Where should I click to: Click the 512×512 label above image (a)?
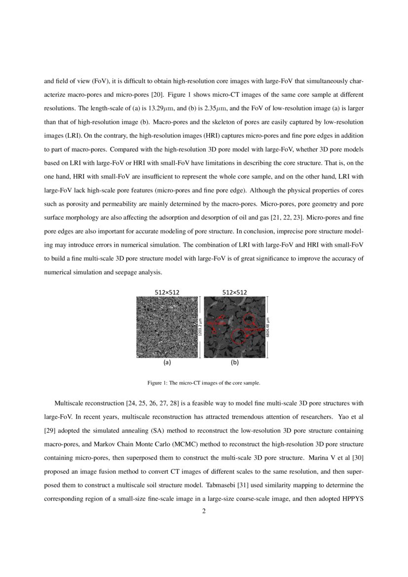coord(167,292)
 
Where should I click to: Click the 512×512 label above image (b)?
coord(235,292)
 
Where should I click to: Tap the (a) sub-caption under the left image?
coord(167,362)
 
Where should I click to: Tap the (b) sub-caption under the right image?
coord(235,362)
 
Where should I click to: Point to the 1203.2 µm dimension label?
coord(200,327)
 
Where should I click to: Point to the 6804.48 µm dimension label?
coord(267,327)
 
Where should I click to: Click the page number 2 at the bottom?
coord(204,511)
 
